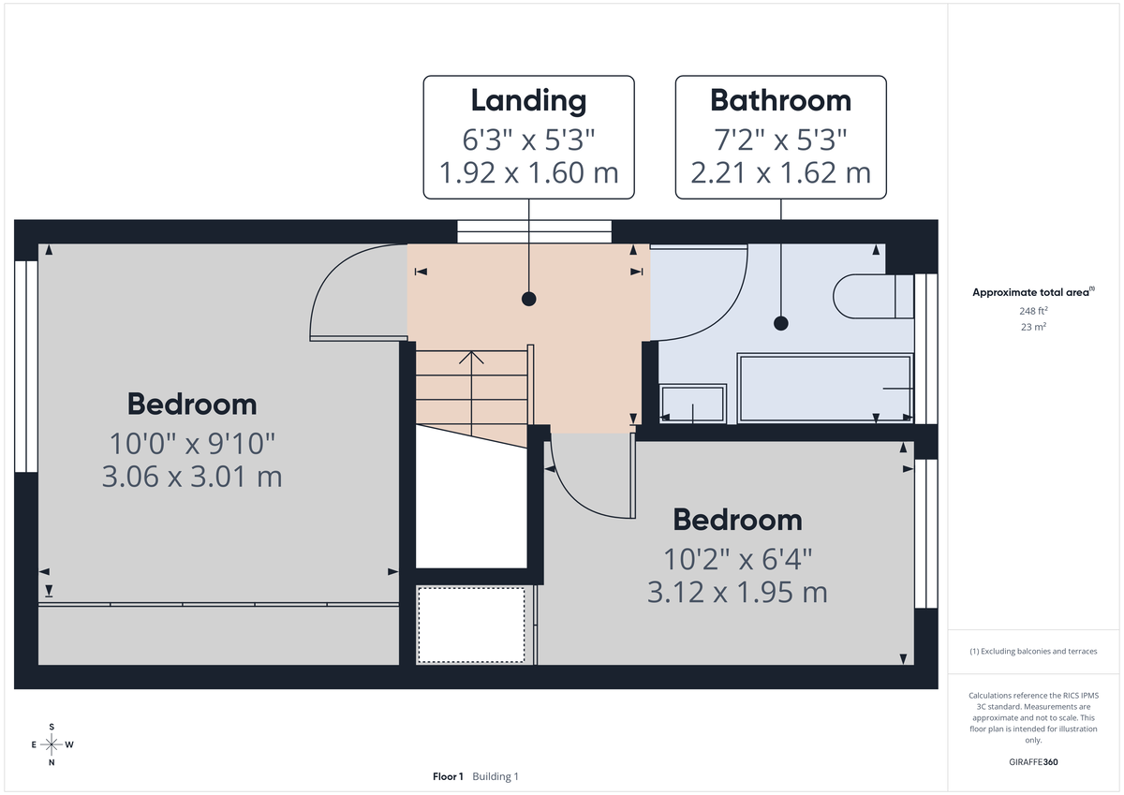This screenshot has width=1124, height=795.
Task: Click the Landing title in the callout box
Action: pos(528,100)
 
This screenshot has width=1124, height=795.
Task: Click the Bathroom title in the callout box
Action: pos(780,100)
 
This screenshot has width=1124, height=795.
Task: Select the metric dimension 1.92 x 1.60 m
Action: pos(528,173)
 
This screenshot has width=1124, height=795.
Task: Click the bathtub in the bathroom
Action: pos(825,388)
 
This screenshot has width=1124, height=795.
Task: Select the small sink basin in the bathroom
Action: pos(693,404)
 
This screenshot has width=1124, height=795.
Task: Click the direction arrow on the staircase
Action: pos(471,359)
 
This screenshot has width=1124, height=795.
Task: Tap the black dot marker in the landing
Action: pos(529,300)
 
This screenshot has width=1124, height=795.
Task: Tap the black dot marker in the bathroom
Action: pos(780,323)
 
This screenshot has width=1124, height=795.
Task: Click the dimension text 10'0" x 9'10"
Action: pos(191,441)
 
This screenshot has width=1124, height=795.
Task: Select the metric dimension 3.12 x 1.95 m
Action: pos(737,592)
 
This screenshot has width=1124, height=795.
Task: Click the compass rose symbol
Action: pos(52,744)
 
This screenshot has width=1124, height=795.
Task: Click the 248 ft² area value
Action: pos(1033,310)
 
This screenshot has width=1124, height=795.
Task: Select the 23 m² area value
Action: pos(1033,327)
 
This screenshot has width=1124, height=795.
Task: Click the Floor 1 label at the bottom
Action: pos(448,776)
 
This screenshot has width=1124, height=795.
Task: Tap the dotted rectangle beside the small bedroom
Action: pos(471,624)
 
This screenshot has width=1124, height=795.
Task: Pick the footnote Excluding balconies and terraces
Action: pos(1033,651)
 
